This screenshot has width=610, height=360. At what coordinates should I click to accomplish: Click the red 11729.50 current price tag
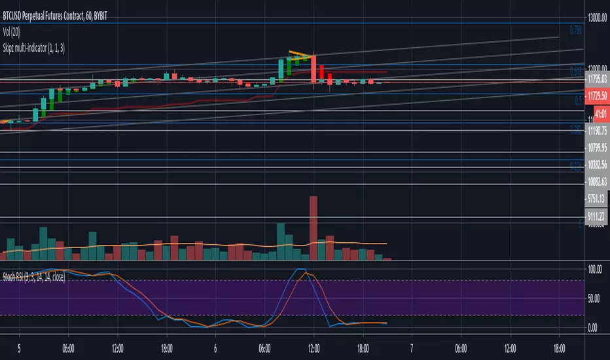coord(596,96)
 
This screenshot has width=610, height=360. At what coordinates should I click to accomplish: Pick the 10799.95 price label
coord(595,147)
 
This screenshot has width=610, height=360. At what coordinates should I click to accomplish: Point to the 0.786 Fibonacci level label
coord(575,29)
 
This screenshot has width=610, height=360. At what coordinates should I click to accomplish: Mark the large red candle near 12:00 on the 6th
coord(314,69)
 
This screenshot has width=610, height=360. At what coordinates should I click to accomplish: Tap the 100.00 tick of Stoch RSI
coord(595,269)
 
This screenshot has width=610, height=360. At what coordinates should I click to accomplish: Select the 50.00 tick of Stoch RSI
coord(595,298)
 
